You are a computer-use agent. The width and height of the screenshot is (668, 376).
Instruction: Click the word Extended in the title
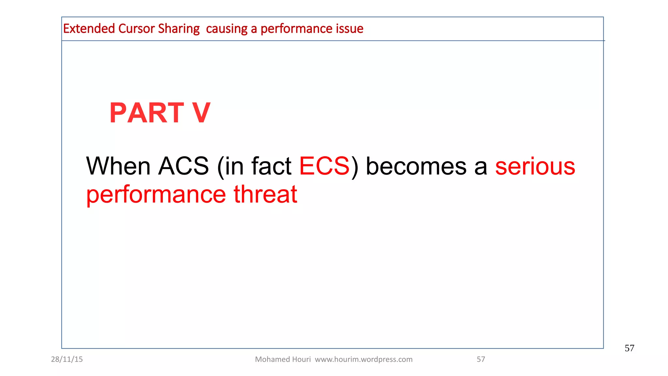point(89,29)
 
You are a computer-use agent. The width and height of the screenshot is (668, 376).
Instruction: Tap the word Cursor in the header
point(136,29)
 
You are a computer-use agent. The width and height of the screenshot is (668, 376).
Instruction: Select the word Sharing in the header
point(179,29)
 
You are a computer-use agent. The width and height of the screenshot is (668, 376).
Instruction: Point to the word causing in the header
point(227,29)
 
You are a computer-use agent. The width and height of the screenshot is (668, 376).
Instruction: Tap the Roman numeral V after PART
point(201,113)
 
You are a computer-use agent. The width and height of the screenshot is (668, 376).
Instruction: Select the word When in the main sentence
point(118,166)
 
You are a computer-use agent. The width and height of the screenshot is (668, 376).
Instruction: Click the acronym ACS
point(183,166)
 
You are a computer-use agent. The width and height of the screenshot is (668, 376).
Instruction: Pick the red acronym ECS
point(324,166)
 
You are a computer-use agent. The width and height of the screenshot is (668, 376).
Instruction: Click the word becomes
point(416,166)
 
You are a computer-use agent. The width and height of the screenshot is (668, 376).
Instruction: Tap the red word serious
point(535,166)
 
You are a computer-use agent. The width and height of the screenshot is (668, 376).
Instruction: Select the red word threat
point(265,194)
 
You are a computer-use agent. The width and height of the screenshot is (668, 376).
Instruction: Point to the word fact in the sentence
point(271,166)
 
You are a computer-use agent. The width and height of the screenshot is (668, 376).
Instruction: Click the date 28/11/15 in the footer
point(67,359)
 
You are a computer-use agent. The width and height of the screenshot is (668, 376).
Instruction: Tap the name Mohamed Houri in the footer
point(283,359)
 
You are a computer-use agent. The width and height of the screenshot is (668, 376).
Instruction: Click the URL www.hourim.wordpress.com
point(364,359)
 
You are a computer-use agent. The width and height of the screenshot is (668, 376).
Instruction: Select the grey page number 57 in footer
point(481,359)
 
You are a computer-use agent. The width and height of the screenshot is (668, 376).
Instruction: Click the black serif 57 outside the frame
point(629,348)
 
